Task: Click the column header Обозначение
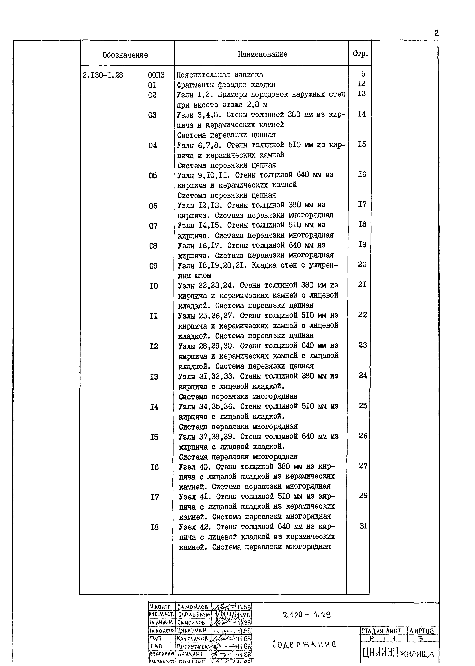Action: click(x=125, y=55)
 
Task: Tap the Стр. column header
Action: click(x=360, y=54)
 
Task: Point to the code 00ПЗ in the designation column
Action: click(x=156, y=75)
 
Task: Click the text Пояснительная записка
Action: click(x=220, y=75)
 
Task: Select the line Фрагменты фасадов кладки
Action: click(x=226, y=85)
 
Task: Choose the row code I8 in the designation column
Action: click(x=154, y=527)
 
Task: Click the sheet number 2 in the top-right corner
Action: click(x=437, y=33)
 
